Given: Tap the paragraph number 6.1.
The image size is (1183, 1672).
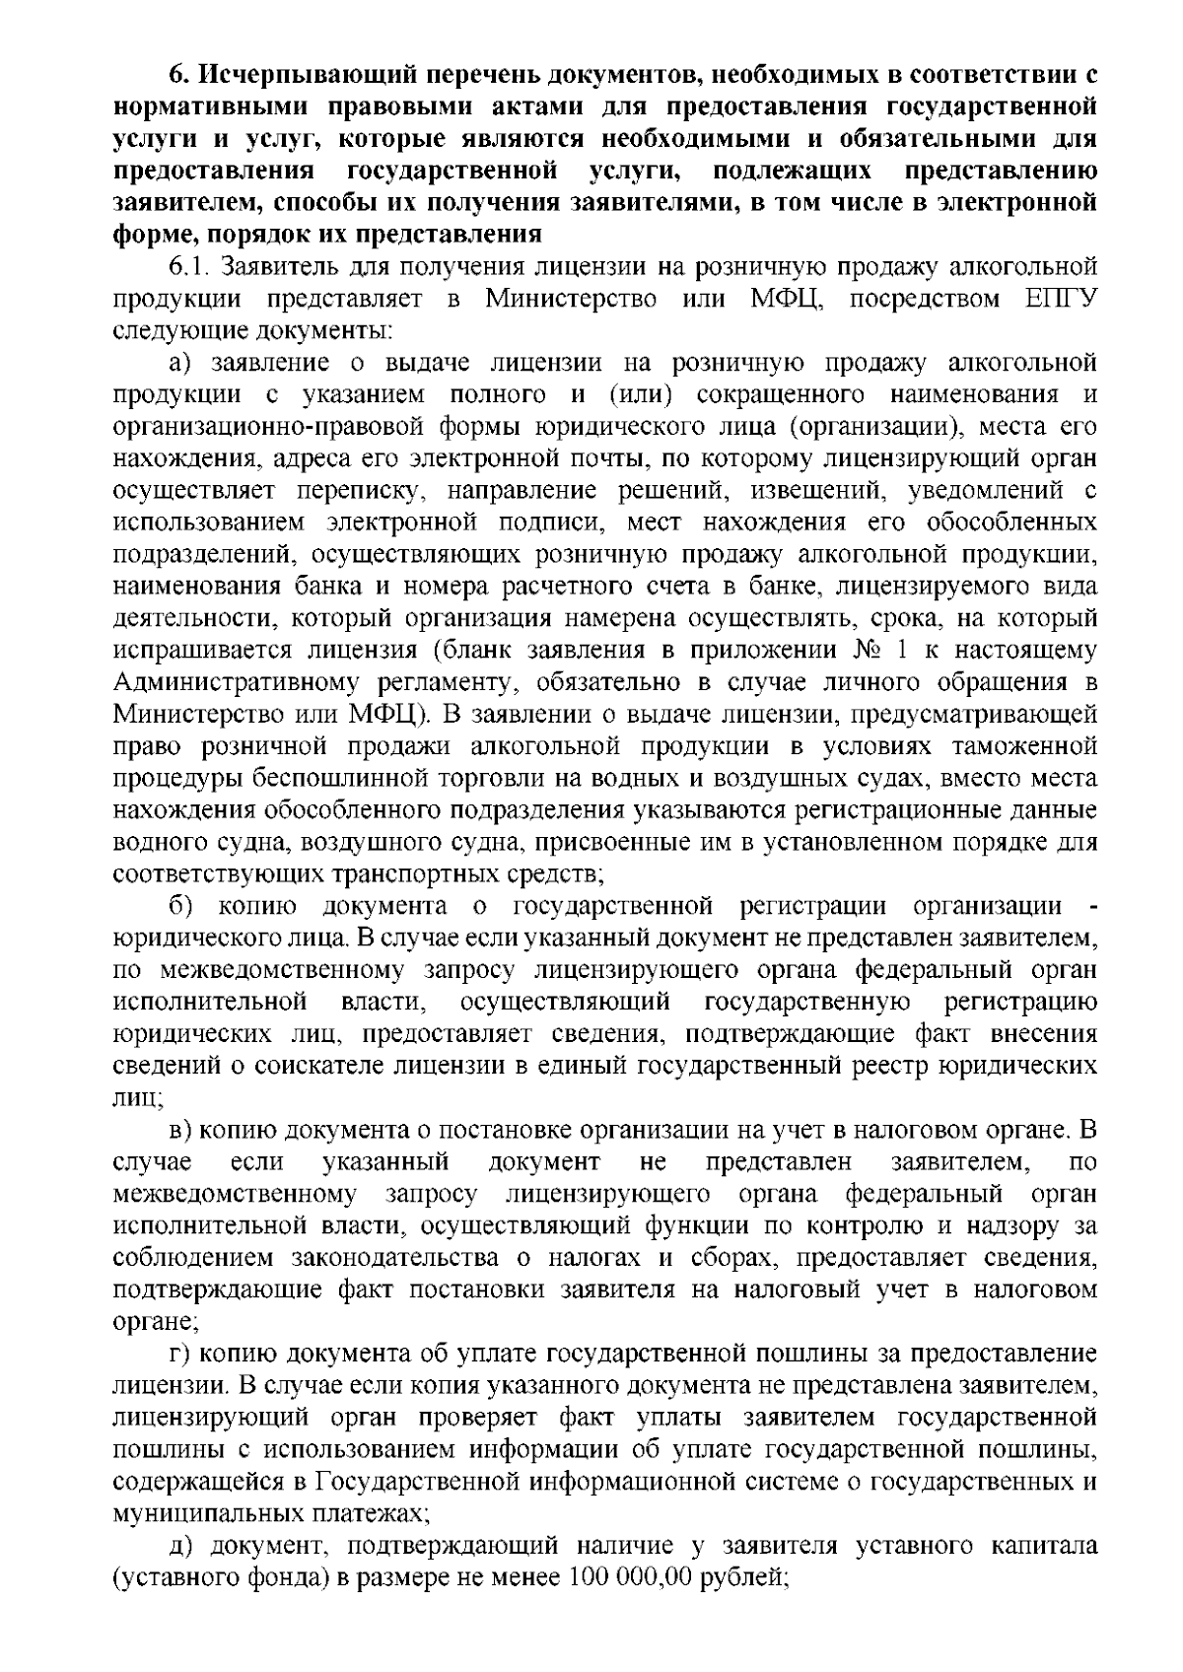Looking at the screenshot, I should coord(189,267).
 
